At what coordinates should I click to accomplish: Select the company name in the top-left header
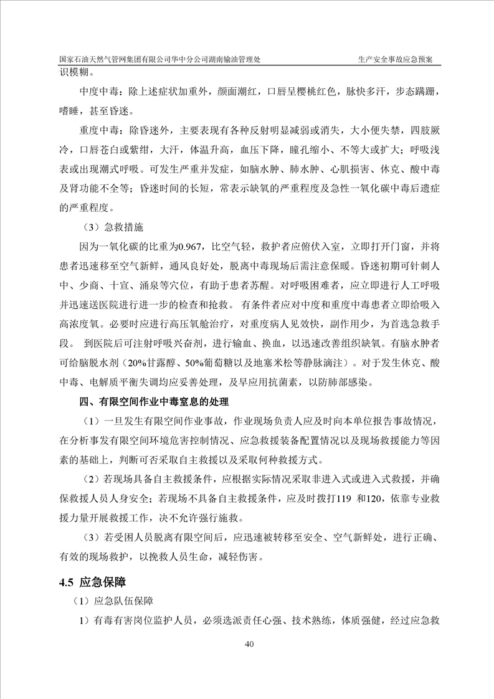point(160,59)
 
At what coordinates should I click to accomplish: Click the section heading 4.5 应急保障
point(93,582)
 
